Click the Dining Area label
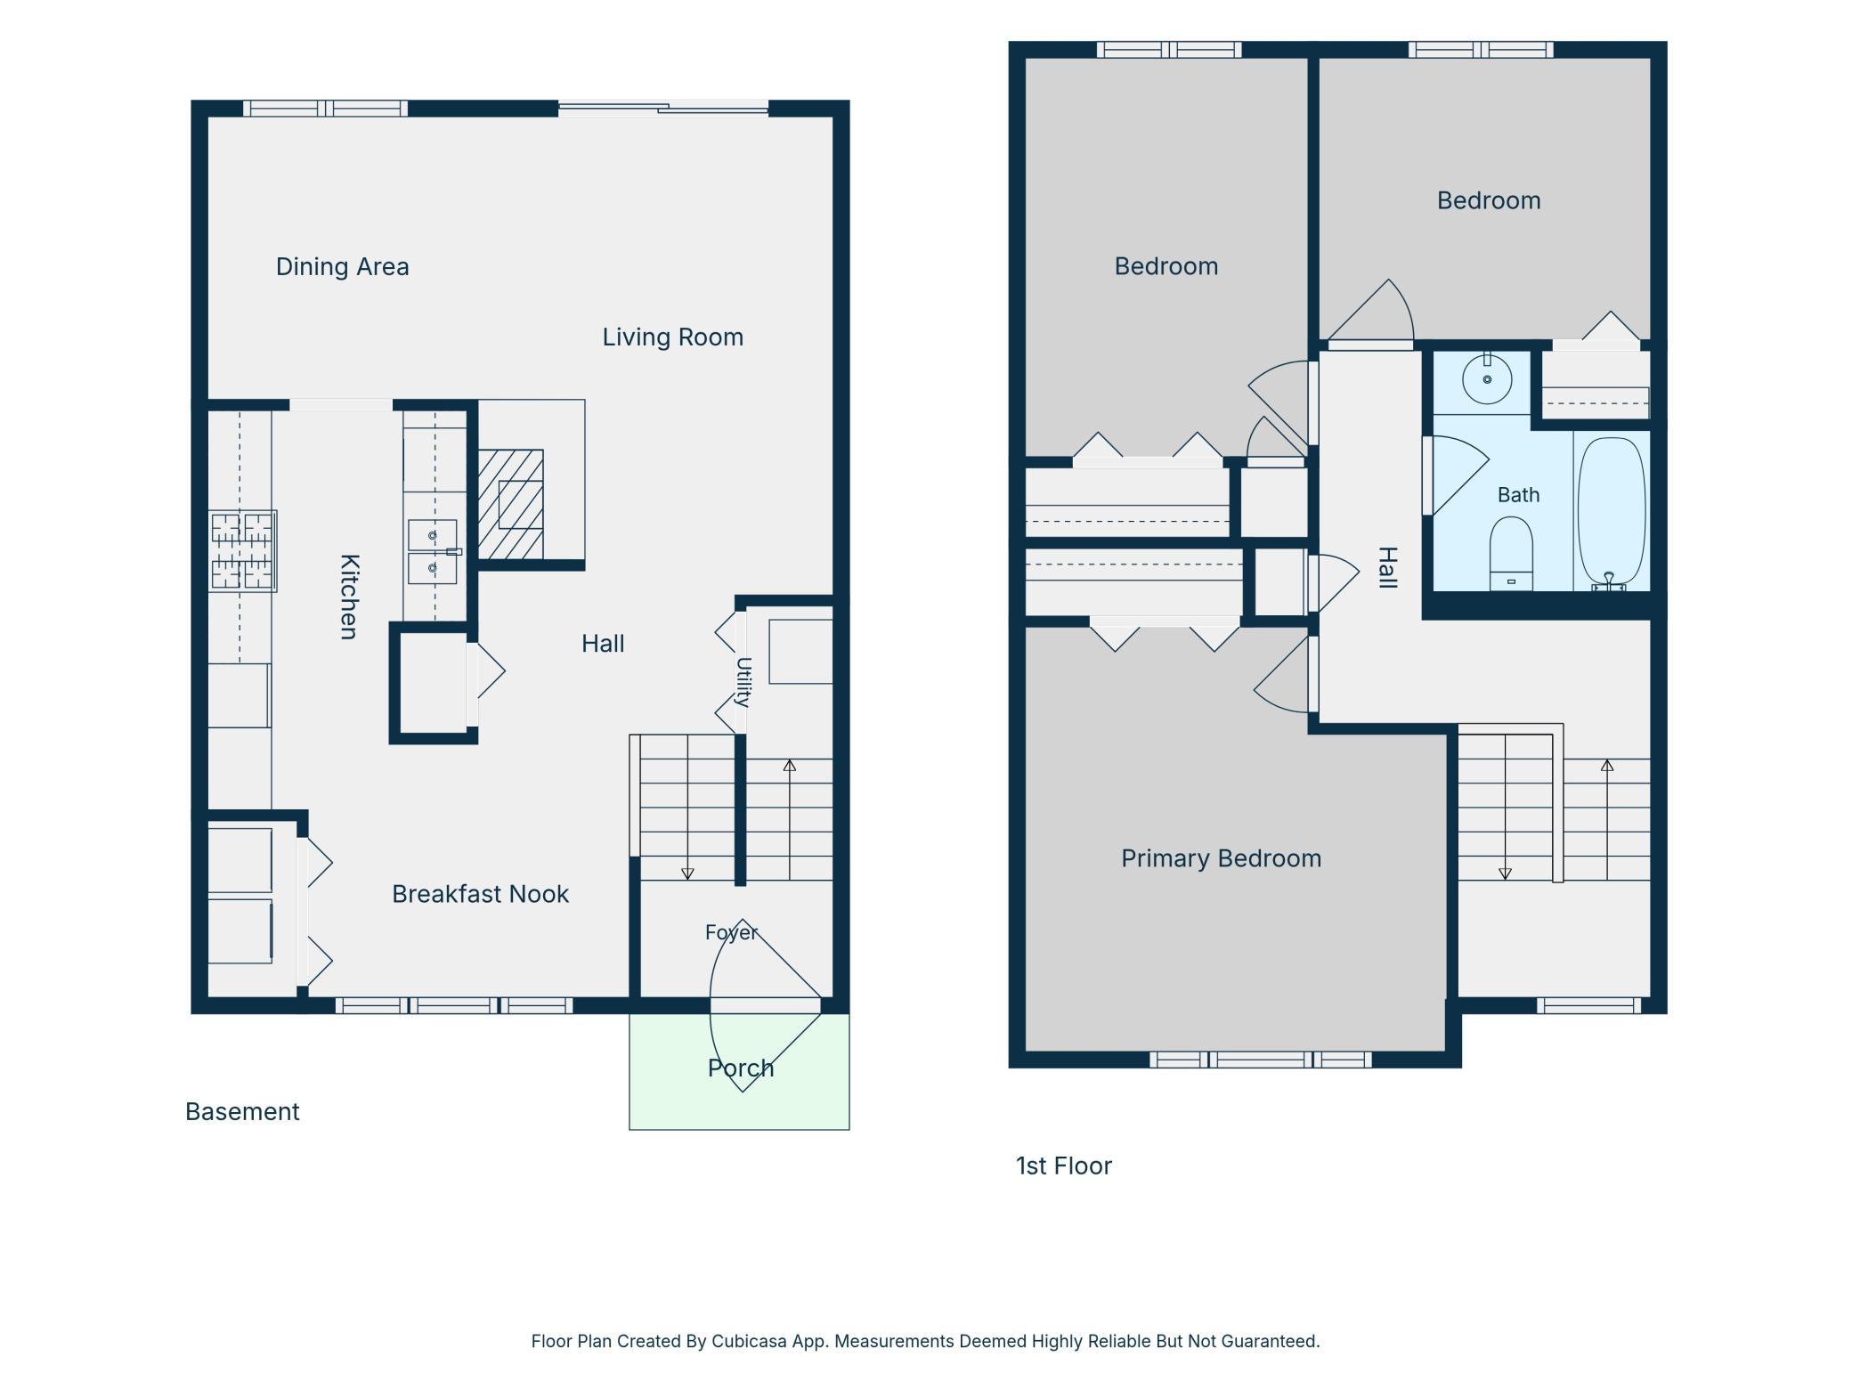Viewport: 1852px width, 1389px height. (x=342, y=266)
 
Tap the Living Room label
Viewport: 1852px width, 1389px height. (x=672, y=337)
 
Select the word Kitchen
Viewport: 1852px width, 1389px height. (x=350, y=597)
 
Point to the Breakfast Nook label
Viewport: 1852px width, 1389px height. (x=480, y=894)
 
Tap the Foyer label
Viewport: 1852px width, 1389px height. (x=731, y=932)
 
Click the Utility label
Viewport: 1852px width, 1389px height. (x=744, y=682)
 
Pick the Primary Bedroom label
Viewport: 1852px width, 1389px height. (x=1221, y=858)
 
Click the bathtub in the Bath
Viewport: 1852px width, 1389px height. (x=1612, y=512)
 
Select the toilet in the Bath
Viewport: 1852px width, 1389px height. (x=1511, y=554)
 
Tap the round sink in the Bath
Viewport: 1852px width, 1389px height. (x=1487, y=378)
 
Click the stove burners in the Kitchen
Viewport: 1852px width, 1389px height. (x=242, y=551)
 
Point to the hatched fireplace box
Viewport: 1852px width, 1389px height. (x=510, y=504)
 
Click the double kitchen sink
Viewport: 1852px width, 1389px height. (x=433, y=551)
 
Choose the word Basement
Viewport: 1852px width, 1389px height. (x=242, y=1111)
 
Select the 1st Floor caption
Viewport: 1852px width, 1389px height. (x=1064, y=1166)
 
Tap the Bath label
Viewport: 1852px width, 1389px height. (x=1518, y=494)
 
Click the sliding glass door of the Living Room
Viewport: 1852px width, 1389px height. (x=663, y=109)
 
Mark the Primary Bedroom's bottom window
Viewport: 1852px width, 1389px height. (x=1260, y=1060)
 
